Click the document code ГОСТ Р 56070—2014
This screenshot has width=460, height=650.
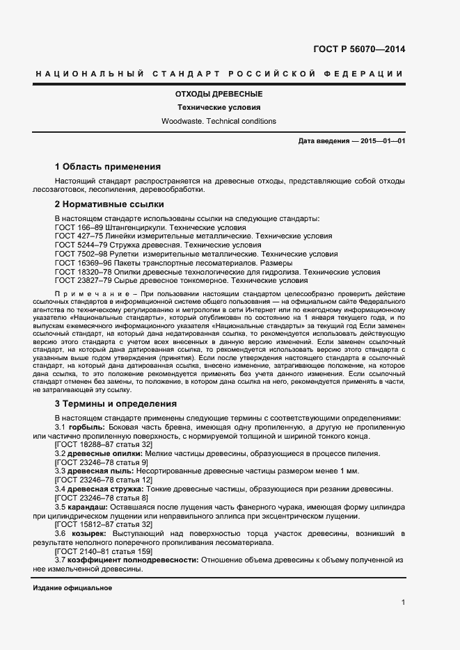coord(360,49)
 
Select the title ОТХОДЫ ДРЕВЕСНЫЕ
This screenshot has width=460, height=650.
coord(219,93)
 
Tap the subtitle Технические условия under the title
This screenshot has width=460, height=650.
coord(219,108)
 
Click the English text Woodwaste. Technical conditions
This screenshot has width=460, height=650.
coord(219,121)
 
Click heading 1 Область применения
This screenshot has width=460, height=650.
coord(107,167)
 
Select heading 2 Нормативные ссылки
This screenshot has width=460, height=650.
coord(109,204)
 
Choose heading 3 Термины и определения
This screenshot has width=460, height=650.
coord(116,404)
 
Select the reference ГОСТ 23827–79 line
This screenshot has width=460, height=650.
coord(180,282)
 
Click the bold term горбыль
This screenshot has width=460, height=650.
coord(87,426)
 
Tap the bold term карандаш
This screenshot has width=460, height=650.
coord(89,507)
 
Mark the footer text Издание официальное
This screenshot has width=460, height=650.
coord(72,588)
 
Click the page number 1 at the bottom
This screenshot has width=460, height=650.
coord(403,603)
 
